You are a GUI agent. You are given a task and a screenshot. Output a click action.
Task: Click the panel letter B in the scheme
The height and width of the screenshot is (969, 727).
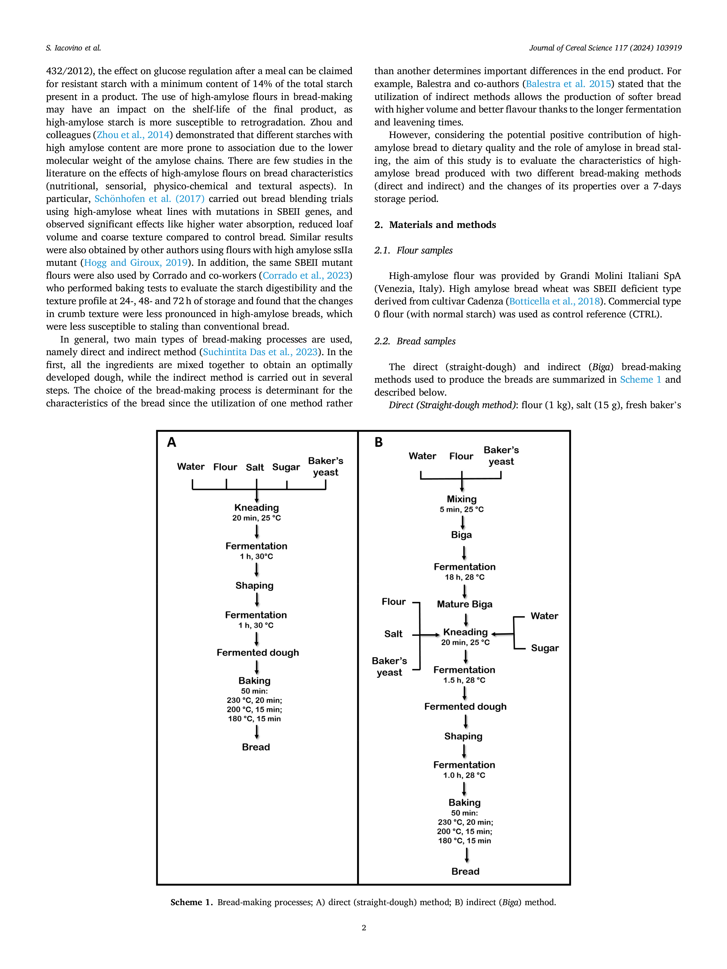pyautogui.click(x=379, y=442)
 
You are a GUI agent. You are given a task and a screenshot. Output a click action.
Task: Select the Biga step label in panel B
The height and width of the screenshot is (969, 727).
pyautogui.click(x=461, y=535)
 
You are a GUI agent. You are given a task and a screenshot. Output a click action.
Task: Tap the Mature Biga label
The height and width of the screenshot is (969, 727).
pyautogui.click(x=465, y=604)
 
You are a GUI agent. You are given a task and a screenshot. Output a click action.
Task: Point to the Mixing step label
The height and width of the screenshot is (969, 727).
pyautogui.click(x=461, y=499)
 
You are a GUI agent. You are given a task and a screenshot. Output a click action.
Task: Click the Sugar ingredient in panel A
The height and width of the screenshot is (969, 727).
pyautogui.click(x=286, y=467)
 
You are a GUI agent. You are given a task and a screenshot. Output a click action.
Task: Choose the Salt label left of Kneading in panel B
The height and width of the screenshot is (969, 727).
pyautogui.click(x=393, y=634)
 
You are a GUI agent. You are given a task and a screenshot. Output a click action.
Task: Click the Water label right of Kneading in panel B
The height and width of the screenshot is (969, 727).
pyautogui.click(x=544, y=616)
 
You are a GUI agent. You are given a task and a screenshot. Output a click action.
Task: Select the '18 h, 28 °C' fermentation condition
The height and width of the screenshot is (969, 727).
pyautogui.click(x=465, y=577)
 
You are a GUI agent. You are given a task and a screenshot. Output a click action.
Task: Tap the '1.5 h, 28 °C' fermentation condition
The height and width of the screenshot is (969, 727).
pyautogui.click(x=464, y=680)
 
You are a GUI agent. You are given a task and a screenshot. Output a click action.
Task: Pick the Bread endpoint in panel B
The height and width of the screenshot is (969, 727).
pyautogui.click(x=466, y=872)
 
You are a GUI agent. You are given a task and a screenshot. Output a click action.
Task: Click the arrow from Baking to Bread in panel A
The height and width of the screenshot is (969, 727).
pyautogui.click(x=257, y=732)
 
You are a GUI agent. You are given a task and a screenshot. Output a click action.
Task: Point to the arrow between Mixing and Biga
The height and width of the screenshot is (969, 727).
pyautogui.click(x=462, y=522)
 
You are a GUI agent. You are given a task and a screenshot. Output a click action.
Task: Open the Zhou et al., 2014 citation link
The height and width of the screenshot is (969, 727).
pyautogui.click(x=133, y=135)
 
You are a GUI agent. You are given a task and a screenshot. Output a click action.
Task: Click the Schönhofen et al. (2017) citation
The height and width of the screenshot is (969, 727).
pyautogui.click(x=150, y=199)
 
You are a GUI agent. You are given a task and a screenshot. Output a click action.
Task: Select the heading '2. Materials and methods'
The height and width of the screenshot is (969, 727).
pyautogui.click(x=435, y=225)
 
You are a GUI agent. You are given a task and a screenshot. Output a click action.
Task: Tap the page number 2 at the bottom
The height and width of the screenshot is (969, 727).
pyautogui.click(x=364, y=927)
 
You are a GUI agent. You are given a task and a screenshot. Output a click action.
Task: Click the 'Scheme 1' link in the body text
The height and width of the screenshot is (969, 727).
pyautogui.click(x=640, y=380)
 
